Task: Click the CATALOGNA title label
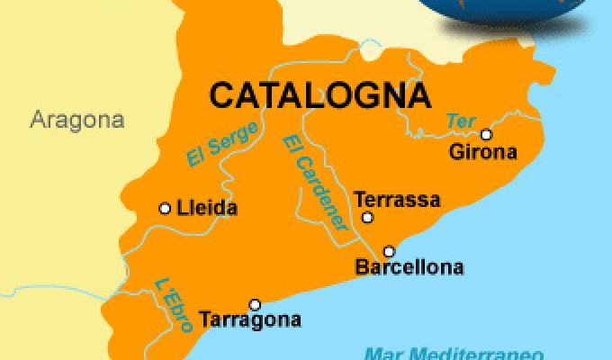(x=319, y=93)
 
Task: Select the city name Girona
(x=483, y=153)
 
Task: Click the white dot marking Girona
(x=487, y=135)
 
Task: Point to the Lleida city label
(x=208, y=209)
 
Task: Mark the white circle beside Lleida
(x=165, y=209)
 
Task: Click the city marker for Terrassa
(x=367, y=217)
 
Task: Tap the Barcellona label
(x=410, y=267)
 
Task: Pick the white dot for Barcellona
(x=389, y=251)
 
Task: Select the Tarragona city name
(x=250, y=319)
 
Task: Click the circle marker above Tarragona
(x=255, y=304)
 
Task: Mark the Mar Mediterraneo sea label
(x=432, y=352)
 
